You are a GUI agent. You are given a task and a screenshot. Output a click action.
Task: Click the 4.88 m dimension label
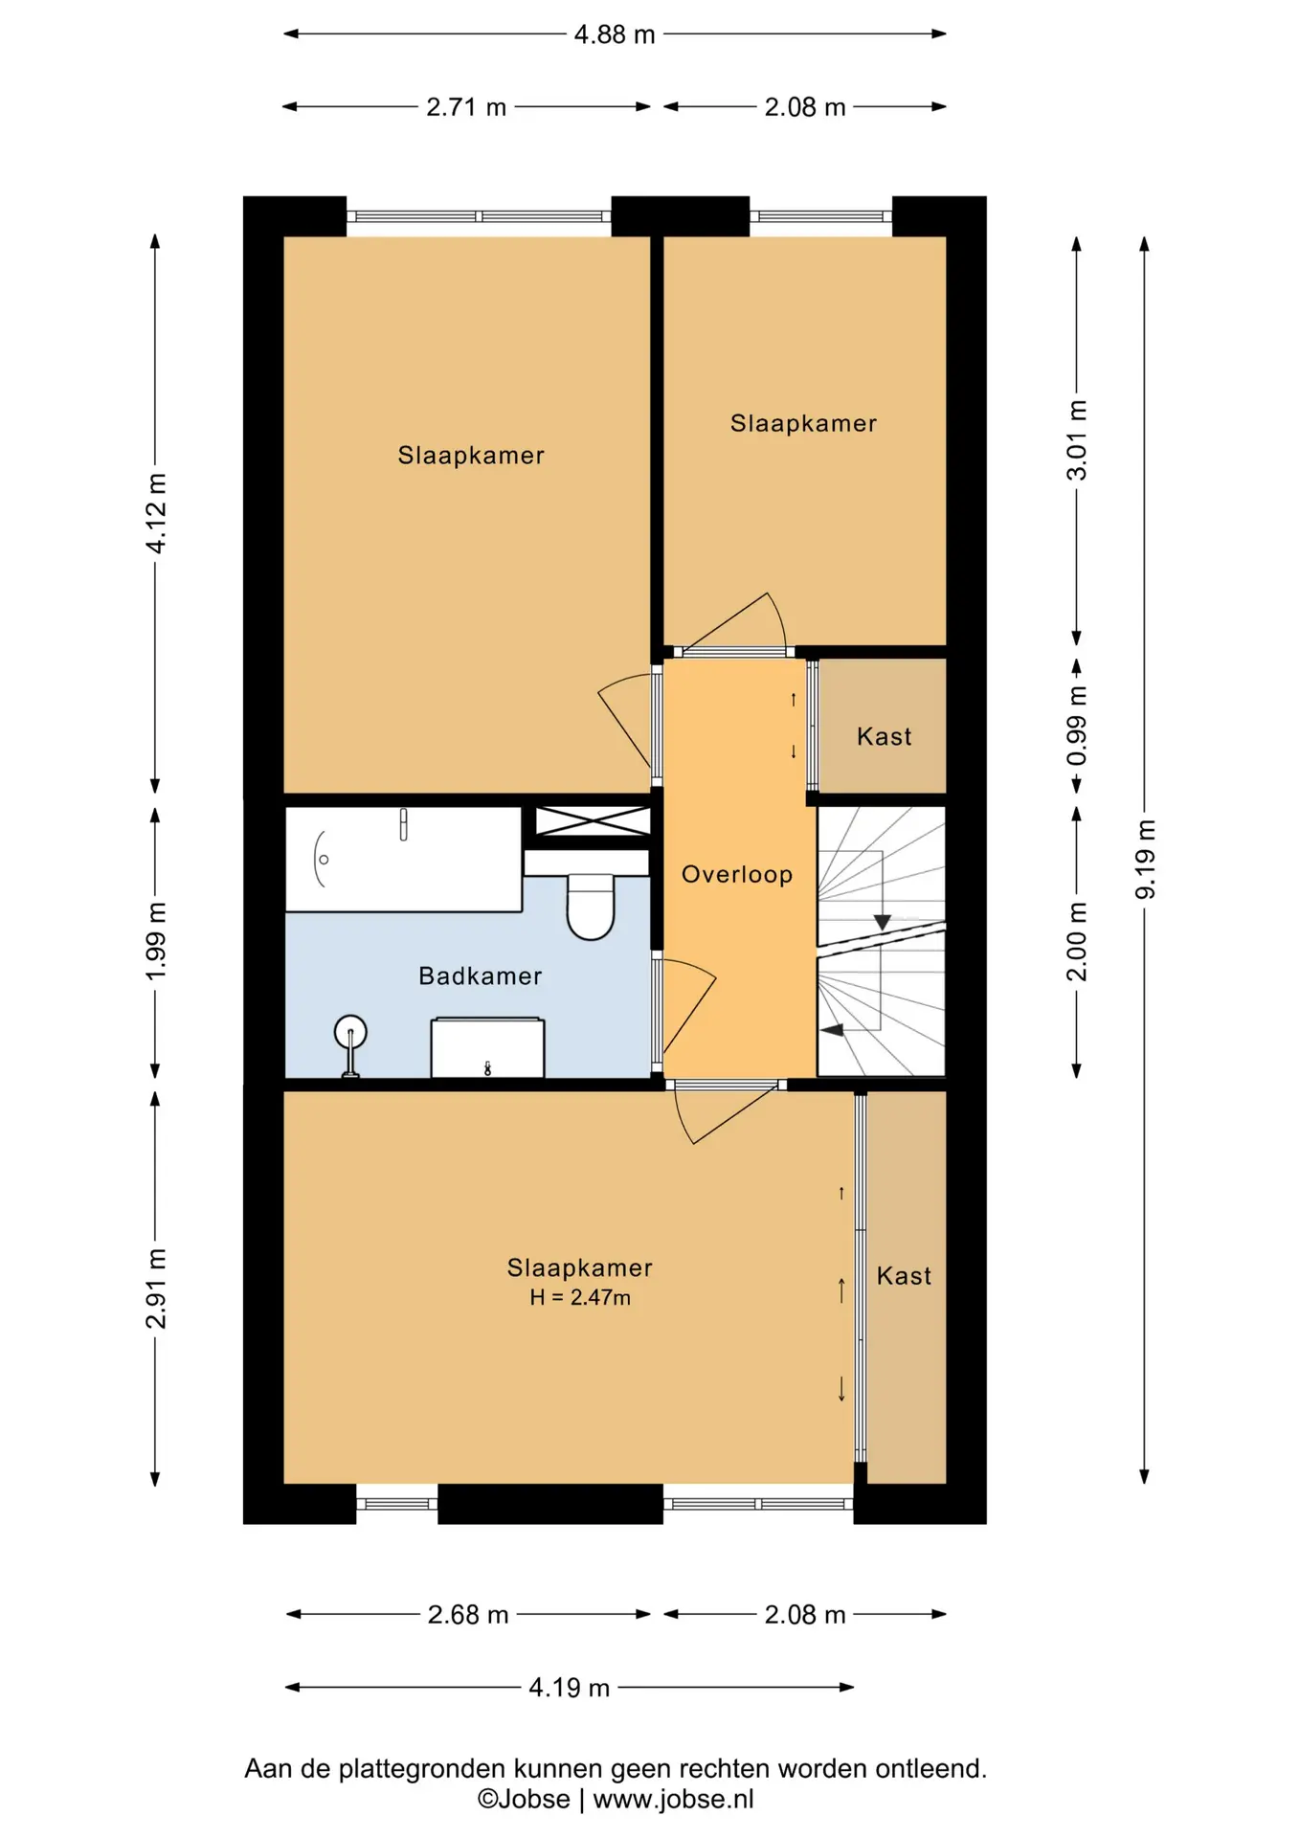pyautogui.click(x=615, y=34)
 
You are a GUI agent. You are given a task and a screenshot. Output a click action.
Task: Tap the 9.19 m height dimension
pyautogui.click(x=1145, y=860)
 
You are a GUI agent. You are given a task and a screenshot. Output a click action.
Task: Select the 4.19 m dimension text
pyautogui.click(x=570, y=1688)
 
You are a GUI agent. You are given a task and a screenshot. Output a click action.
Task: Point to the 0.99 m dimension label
pyautogui.click(x=1077, y=727)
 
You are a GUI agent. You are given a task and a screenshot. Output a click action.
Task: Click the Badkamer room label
pyautogui.click(x=481, y=975)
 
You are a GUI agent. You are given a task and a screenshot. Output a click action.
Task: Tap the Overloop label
pyautogui.click(x=737, y=874)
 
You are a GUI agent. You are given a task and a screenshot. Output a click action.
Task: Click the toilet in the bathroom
pyautogui.click(x=591, y=906)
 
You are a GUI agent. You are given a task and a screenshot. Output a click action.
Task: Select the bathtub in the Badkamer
pyautogui.click(x=404, y=859)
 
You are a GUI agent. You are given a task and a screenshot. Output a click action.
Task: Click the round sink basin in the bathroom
pyautogui.click(x=350, y=1032)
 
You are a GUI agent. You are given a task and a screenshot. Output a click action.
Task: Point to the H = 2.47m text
pyautogui.click(x=580, y=1298)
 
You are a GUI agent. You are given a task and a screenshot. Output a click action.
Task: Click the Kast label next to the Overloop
pyautogui.click(x=884, y=736)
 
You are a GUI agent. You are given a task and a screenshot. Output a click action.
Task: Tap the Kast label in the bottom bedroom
pyautogui.click(x=904, y=1276)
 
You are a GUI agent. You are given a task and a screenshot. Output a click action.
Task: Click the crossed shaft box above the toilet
pyautogui.click(x=593, y=821)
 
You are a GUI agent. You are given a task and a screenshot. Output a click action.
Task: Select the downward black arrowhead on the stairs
pyautogui.click(x=883, y=923)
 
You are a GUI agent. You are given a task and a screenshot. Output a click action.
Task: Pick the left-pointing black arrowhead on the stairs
pyautogui.click(x=832, y=1030)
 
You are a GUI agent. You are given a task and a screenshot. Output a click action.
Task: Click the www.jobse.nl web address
pyautogui.click(x=674, y=1800)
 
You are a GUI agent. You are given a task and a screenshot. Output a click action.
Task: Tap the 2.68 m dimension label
pyautogui.click(x=468, y=1615)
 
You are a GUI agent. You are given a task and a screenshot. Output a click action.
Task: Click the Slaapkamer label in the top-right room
pyautogui.click(x=803, y=423)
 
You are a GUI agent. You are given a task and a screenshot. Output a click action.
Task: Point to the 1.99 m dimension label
pyautogui.click(x=156, y=941)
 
